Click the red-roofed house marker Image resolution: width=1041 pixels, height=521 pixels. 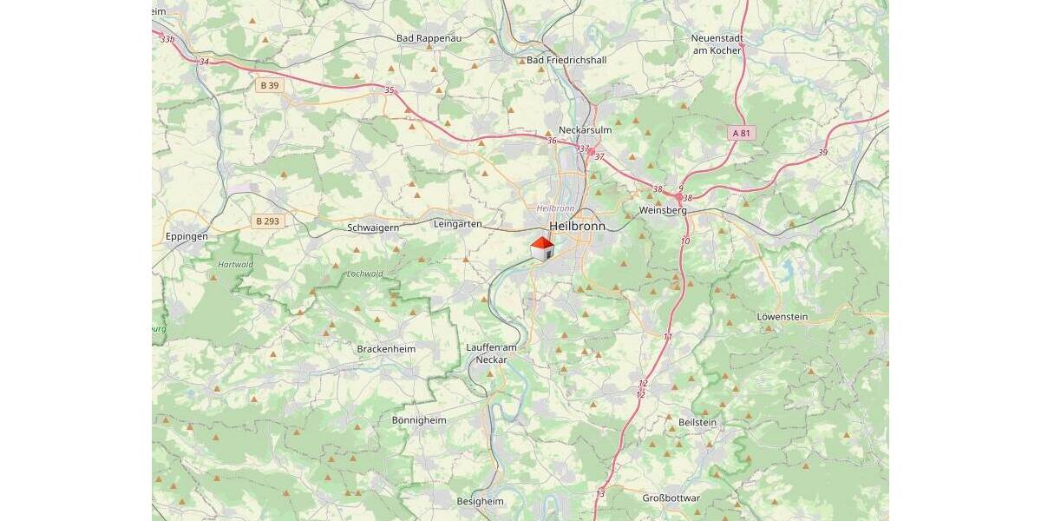(x=542, y=249)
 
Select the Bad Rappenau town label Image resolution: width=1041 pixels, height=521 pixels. (x=429, y=38)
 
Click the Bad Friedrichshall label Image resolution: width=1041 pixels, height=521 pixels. (x=566, y=60)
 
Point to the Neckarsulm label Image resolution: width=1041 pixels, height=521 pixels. (x=586, y=130)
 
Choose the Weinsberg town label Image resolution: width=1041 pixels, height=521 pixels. (x=662, y=211)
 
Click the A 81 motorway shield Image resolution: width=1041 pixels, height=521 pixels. (x=740, y=133)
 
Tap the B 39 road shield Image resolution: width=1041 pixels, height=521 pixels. (x=269, y=85)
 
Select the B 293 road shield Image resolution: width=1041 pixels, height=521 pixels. (x=268, y=221)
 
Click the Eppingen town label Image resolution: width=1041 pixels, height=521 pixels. (x=187, y=236)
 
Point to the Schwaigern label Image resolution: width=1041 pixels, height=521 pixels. (x=372, y=228)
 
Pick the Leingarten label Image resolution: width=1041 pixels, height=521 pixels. (x=457, y=224)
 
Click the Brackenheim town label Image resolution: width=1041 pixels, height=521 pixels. (x=386, y=349)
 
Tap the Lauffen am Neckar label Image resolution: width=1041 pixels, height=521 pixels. (x=491, y=353)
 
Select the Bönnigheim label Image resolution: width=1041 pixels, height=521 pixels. (x=419, y=420)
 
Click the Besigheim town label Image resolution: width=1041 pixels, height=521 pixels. (x=480, y=501)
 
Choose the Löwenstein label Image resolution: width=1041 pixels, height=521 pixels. (x=782, y=317)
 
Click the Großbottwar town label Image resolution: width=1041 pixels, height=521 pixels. (x=671, y=498)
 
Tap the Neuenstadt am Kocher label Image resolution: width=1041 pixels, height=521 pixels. (x=717, y=44)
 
